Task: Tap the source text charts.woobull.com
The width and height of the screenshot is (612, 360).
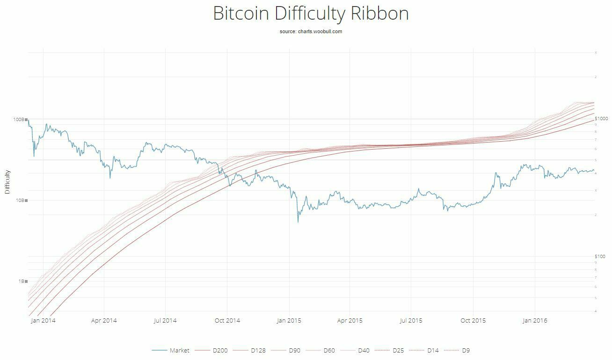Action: coord(320,32)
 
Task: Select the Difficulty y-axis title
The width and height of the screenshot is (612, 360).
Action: coord(7,182)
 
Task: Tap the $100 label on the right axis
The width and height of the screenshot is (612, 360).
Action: coord(601,257)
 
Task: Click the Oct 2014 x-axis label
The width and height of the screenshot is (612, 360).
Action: coord(227,321)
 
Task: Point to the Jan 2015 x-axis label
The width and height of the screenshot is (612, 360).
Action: coord(289,321)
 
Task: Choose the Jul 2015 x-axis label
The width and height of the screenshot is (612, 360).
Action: coord(411,321)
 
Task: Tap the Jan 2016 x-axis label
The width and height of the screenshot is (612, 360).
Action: coord(534,321)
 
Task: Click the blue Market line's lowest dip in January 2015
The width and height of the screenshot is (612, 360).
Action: coord(298,222)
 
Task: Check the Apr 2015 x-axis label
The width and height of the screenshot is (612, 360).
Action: coord(350,321)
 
